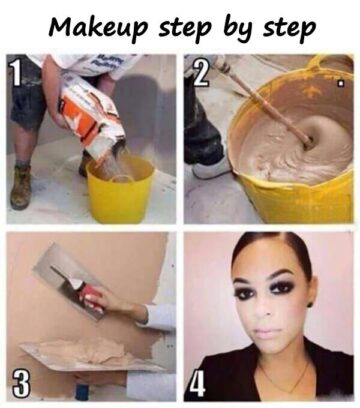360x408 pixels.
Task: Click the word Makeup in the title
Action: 98,27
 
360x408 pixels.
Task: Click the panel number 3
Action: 21,383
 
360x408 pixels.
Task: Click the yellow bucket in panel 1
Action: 120,190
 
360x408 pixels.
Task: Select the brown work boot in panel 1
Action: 21,187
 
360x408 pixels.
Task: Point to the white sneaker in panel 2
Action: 209,168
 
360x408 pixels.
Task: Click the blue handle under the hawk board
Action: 82,392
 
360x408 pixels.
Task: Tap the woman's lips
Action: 267,333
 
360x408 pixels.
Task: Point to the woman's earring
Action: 310,304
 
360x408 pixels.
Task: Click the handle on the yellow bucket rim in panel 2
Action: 317,62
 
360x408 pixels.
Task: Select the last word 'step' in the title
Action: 289,29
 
